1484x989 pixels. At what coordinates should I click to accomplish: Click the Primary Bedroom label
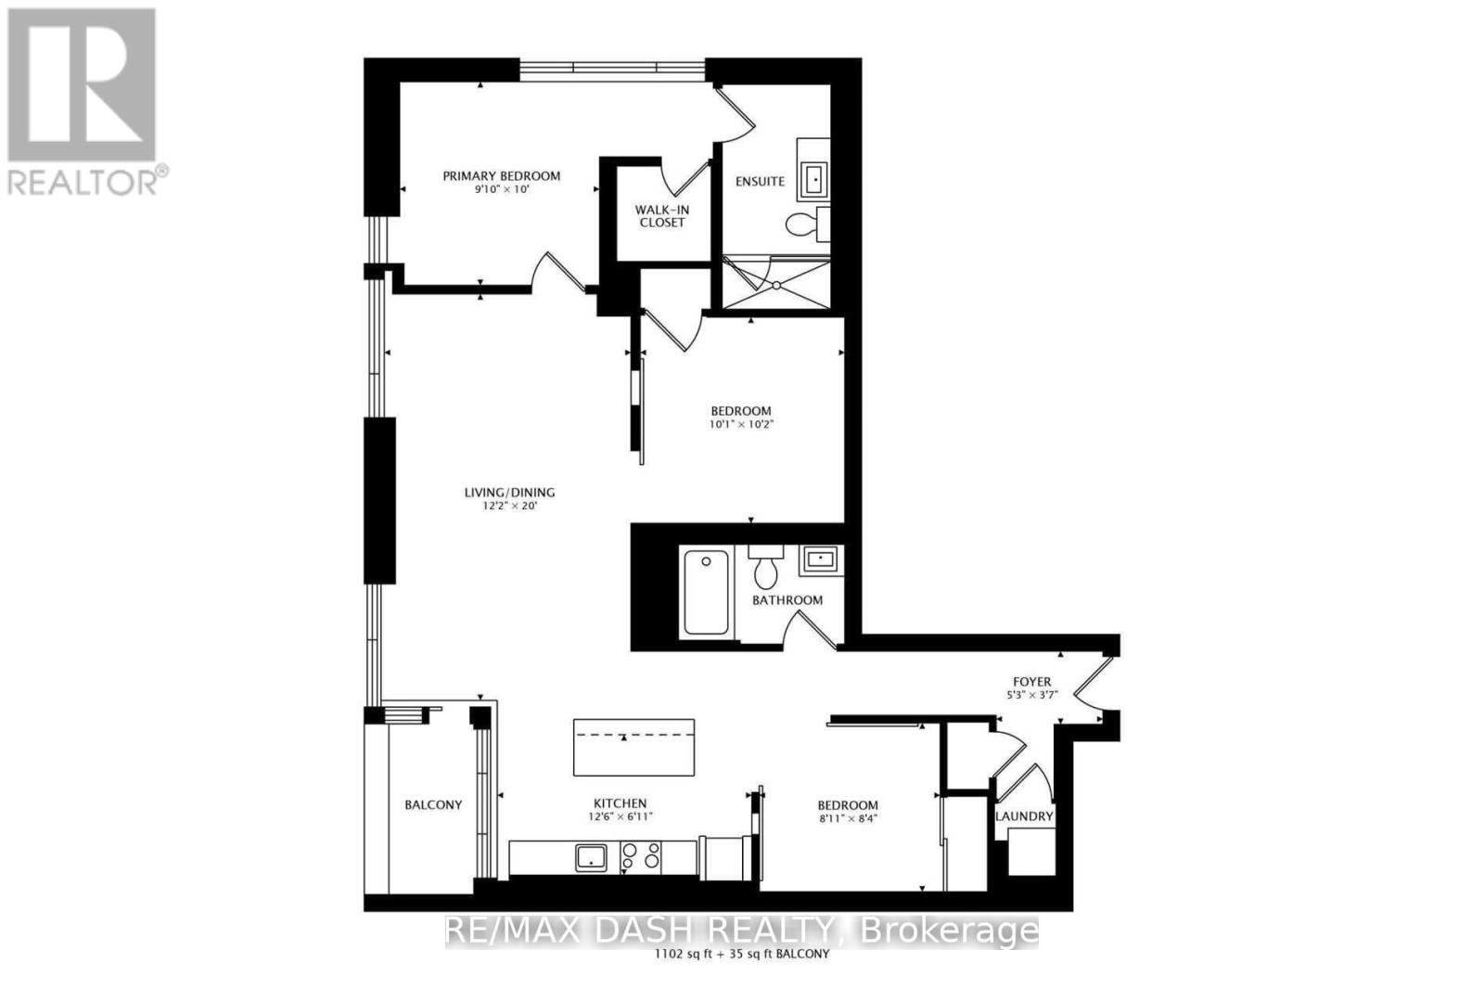[501, 176]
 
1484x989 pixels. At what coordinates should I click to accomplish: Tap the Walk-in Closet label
[661, 216]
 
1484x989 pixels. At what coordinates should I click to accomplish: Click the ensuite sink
[813, 178]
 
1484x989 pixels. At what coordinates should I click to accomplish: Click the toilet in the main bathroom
[766, 567]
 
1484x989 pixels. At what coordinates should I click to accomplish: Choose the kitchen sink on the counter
[591, 856]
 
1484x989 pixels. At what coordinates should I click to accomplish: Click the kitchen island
[633, 747]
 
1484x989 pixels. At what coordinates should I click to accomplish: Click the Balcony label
[433, 805]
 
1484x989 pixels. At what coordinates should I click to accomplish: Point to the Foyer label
[1031, 682]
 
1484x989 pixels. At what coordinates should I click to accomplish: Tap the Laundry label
[1024, 816]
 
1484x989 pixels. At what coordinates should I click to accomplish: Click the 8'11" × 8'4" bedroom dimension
[848, 819]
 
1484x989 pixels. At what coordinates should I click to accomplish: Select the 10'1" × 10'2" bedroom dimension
[741, 425]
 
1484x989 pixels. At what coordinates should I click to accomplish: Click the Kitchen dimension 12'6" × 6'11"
[620, 817]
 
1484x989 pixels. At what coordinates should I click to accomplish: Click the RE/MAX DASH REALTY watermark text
[741, 931]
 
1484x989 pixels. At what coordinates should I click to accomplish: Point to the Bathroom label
[787, 600]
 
